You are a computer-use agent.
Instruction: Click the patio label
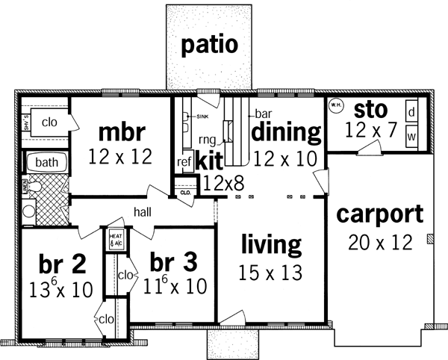(x=211, y=45)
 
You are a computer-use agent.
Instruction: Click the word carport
(x=379, y=214)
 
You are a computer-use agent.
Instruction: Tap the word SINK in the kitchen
(x=202, y=117)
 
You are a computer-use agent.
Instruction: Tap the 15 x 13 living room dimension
(x=270, y=273)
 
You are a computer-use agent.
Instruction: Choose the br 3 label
(x=173, y=264)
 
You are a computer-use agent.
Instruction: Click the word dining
(x=286, y=132)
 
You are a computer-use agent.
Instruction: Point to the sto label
(x=370, y=110)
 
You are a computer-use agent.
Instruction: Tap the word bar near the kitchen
(x=262, y=114)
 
